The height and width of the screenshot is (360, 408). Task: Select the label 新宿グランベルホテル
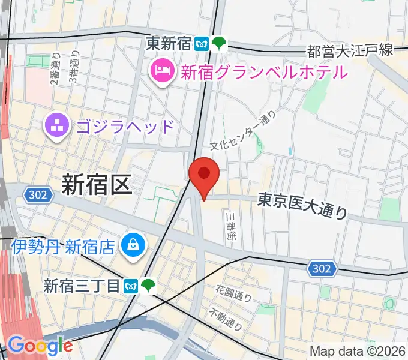coord(263,73)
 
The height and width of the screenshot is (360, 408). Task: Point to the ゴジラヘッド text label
coord(125,127)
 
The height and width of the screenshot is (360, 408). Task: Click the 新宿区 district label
coord(96,185)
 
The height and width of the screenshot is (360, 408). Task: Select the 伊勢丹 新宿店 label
coord(64,246)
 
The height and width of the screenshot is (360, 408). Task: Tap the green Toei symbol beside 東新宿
coord(220,43)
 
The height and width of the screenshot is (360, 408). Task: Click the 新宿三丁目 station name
coord(82,286)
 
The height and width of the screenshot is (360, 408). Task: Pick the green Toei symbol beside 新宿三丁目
coord(146,286)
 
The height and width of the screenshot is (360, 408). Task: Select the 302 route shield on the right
coord(322,269)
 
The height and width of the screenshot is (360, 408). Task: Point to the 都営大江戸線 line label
coord(350,50)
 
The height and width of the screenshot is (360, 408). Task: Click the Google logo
coord(40,345)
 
